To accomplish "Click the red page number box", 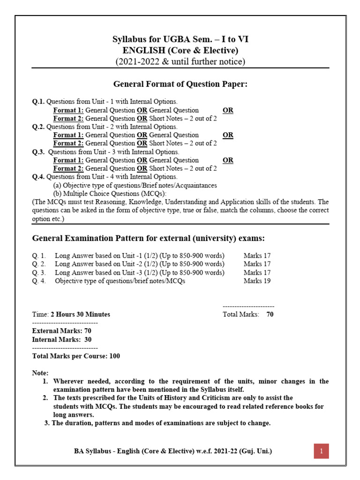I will pos(322,451).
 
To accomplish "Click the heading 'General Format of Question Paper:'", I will pos(180,84).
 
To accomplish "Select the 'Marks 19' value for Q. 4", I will pos(257,281).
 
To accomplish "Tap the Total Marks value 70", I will pos(270,315).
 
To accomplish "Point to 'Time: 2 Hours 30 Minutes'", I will pos(71,315).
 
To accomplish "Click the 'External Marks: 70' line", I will pos(61,331).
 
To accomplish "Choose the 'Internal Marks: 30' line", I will pos(61,339).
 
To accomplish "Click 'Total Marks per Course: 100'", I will pos(76,356).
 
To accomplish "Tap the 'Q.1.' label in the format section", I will pos(38,101).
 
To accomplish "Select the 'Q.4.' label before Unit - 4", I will pos(38,177).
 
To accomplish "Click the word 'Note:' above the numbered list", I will pos(40,373).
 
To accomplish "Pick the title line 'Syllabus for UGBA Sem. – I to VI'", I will pos(180,39).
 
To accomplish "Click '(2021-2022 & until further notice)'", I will pos(180,61).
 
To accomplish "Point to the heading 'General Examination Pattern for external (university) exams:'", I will pos(148,239).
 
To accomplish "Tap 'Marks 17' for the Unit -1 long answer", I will pos(257,256).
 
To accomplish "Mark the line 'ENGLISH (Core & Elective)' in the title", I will pos(180,51).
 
